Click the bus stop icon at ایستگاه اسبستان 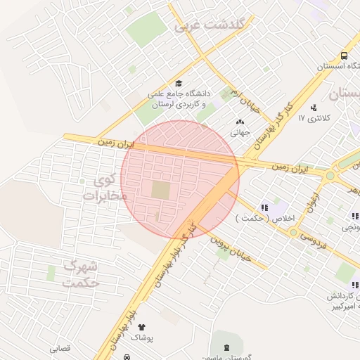[344, 56]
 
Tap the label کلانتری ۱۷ [311, 118]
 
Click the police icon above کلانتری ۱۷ [314, 108]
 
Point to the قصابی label [59, 348]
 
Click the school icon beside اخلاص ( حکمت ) [264, 207]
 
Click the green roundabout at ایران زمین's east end [330, 175]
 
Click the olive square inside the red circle [161, 190]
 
